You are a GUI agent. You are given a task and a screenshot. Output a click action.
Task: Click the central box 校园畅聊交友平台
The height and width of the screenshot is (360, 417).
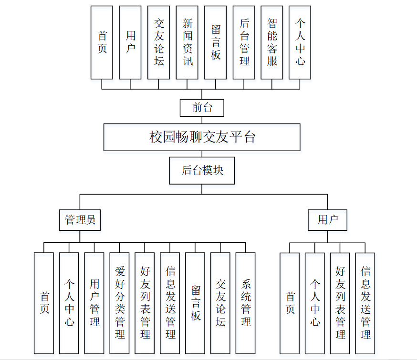tap(202, 137)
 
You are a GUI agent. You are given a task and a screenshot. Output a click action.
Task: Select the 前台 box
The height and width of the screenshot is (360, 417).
tap(202, 108)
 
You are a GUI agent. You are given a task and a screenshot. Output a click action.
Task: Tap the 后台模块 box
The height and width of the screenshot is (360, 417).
tap(202, 170)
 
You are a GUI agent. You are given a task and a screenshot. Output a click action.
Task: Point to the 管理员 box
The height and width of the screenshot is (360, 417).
tap(80, 219)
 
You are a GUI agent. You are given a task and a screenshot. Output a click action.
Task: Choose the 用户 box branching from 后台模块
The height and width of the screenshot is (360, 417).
tap(327, 219)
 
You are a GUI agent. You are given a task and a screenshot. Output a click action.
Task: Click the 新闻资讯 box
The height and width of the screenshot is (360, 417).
tap(187, 42)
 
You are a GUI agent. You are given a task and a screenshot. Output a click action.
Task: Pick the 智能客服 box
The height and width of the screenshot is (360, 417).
tap(272, 42)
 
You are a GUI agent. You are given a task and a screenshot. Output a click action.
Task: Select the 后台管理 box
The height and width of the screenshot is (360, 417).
tap(244, 42)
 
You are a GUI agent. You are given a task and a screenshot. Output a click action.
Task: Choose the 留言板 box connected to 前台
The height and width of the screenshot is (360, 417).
tap(215, 42)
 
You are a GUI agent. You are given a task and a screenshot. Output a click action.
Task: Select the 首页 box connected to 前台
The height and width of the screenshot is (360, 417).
tap(102, 42)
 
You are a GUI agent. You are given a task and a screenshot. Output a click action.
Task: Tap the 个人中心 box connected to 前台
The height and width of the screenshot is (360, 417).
tap(300, 42)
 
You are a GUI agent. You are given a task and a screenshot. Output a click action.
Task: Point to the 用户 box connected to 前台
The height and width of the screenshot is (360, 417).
tap(130, 42)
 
